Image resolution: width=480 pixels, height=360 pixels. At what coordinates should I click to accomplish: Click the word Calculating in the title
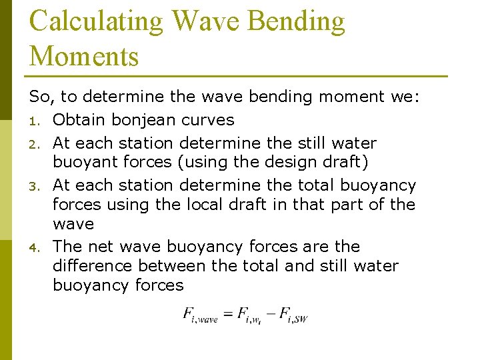pos(96,21)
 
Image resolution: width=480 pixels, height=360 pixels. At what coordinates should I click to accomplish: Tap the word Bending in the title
pos(297,21)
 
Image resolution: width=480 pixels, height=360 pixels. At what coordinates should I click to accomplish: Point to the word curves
pos(207,120)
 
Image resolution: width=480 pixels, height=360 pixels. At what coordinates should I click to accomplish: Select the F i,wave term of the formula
pos(201,315)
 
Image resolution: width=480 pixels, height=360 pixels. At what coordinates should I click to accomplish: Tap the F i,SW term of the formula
pos(293,315)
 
